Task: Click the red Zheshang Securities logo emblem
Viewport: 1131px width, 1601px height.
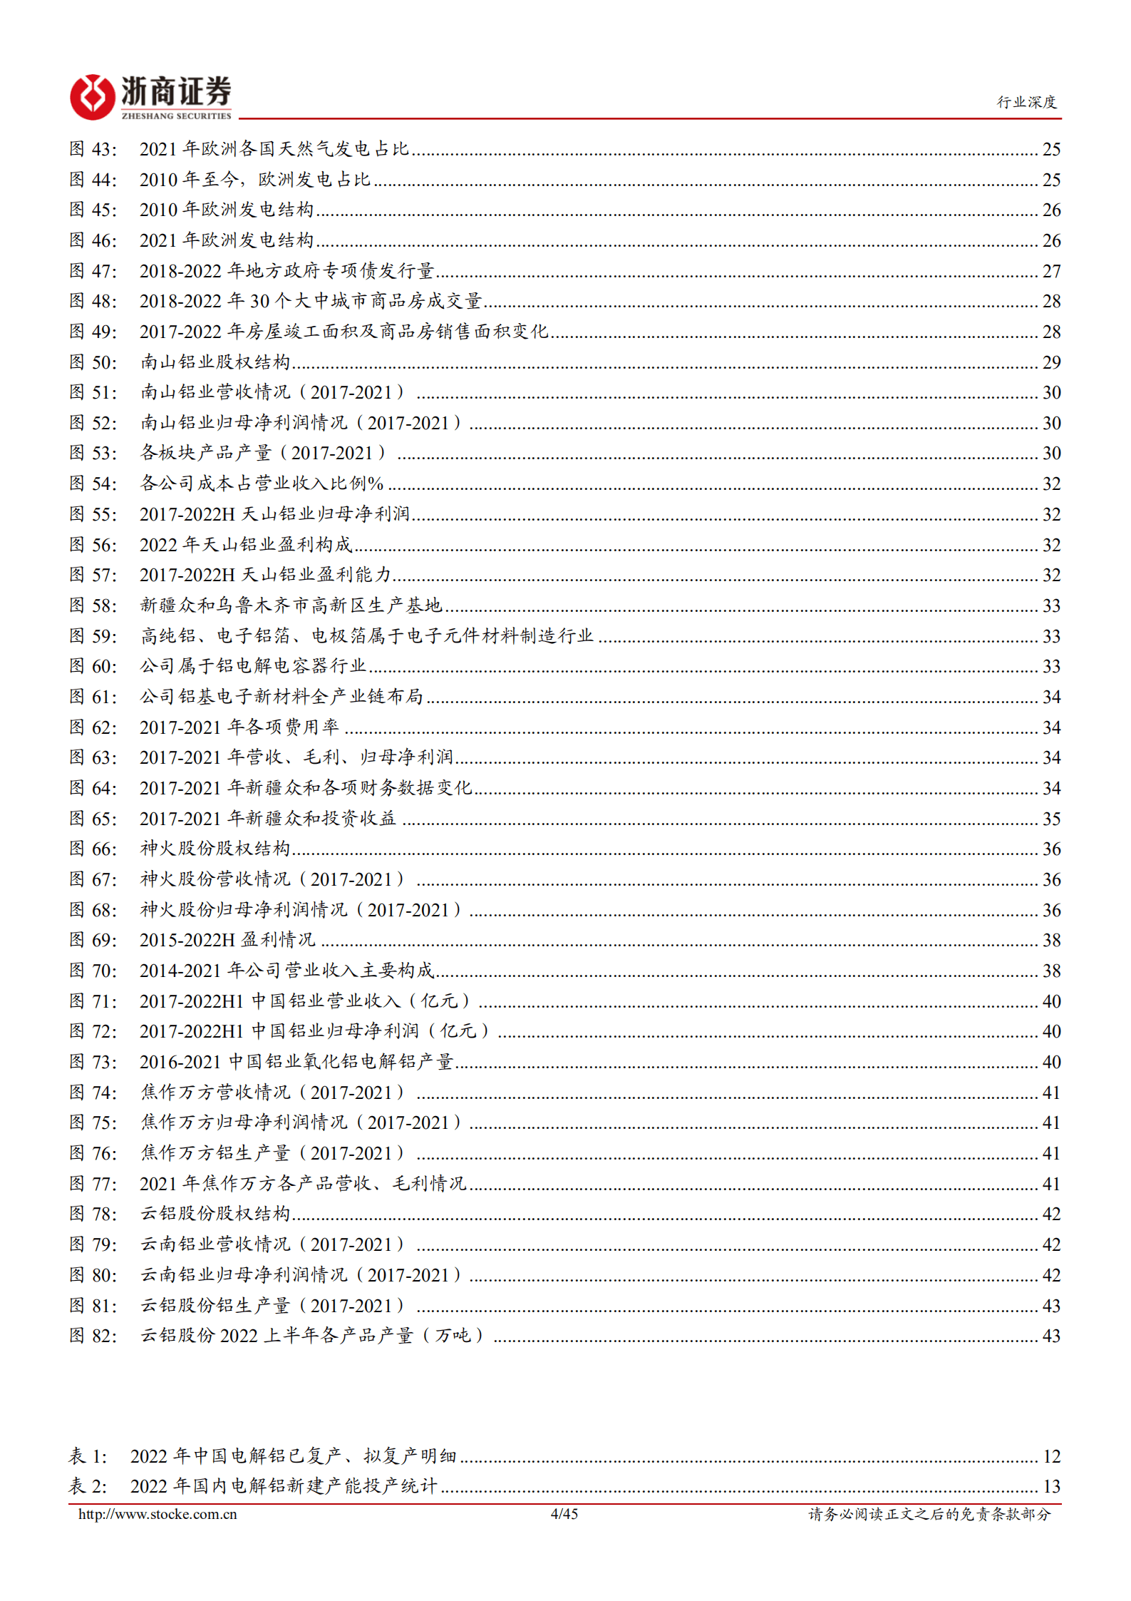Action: pyautogui.click(x=92, y=96)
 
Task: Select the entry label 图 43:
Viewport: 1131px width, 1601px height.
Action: pyautogui.click(x=93, y=149)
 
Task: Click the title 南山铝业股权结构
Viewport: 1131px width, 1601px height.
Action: pyautogui.click(x=215, y=362)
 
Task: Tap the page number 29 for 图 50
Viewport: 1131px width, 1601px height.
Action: pyautogui.click(x=1051, y=362)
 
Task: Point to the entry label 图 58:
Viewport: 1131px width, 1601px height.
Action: pyautogui.click(x=93, y=605)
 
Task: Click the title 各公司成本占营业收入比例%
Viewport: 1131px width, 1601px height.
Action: pyautogui.click(x=262, y=484)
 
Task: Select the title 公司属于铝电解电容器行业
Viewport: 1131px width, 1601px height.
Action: pyautogui.click(x=253, y=666)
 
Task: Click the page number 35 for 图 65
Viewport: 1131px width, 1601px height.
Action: pyautogui.click(x=1051, y=819)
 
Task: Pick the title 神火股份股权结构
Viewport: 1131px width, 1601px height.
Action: pyautogui.click(x=215, y=849)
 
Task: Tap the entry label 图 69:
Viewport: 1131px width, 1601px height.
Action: pyautogui.click(x=93, y=940)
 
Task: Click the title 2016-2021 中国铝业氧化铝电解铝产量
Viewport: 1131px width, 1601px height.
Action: pyautogui.click(x=296, y=1062)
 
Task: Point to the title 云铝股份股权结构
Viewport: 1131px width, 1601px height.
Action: pyautogui.click(x=215, y=1214)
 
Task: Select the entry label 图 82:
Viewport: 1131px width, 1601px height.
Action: pyautogui.click(x=93, y=1336)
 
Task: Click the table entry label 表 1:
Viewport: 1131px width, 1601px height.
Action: pyautogui.click(x=88, y=1456)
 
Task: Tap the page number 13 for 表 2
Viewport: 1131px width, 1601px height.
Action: pyautogui.click(x=1051, y=1487)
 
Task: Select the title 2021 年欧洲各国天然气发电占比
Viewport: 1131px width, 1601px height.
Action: pyautogui.click(x=274, y=149)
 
